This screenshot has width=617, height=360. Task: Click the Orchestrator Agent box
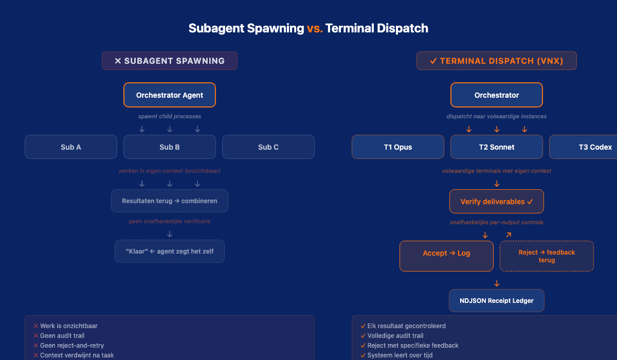[x=169, y=95]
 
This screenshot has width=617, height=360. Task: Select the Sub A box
[x=71, y=147]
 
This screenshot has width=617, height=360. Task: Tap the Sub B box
[x=169, y=147]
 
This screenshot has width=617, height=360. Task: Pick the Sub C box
[x=268, y=147]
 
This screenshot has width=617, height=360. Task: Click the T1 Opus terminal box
[x=397, y=147]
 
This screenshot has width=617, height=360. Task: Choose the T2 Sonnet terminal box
[x=496, y=147]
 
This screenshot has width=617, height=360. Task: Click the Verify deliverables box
[x=496, y=202]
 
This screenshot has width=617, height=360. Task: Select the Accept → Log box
[x=446, y=253]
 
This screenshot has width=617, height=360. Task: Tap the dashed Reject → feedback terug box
[x=547, y=256]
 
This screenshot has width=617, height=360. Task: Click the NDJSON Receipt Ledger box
[x=496, y=301]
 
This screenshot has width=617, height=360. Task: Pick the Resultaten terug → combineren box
[x=169, y=201]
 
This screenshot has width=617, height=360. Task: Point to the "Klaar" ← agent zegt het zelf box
[x=169, y=251]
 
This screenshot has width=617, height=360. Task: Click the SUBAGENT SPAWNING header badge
[x=169, y=61]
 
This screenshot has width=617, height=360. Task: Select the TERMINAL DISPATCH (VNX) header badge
[x=496, y=61]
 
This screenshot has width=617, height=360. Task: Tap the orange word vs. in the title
[x=315, y=28]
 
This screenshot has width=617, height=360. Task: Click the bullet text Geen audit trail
[x=62, y=336]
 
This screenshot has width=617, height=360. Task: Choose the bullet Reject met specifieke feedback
[x=412, y=346]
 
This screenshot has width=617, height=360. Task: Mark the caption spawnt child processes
[x=169, y=117]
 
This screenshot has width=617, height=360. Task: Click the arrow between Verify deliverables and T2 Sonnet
[x=497, y=184]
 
